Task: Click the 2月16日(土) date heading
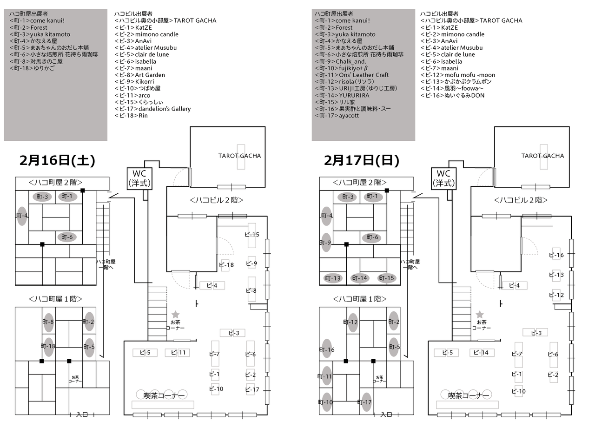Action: click(57, 160)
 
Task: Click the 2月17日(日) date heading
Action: click(362, 160)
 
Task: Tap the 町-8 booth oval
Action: click(48, 322)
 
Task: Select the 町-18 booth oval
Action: click(48, 346)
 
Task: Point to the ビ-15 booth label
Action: click(252, 235)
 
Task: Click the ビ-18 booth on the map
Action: click(226, 265)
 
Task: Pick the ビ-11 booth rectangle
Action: click(178, 353)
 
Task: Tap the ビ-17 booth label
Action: click(251, 389)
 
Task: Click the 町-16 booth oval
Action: click(326, 349)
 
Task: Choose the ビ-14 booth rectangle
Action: click(482, 353)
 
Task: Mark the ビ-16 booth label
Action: click(556, 255)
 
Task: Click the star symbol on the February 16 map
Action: click(176, 315)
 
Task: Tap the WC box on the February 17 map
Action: click(444, 178)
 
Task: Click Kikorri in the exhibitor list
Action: click(144, 81)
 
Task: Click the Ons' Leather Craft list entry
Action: click(364, 75)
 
